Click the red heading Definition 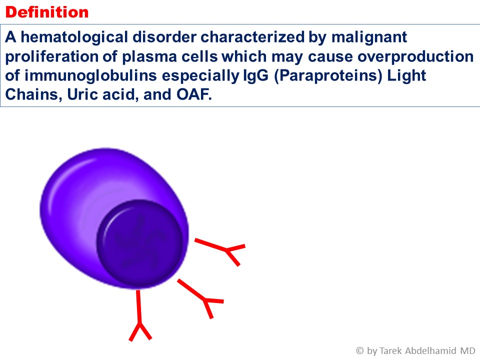click(47, 12)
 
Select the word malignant click(369, 37)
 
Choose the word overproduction click(415, 56)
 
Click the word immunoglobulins click(90, 75)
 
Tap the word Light click(406, 75)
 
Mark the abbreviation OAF click(194, 94)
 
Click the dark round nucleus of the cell click(140, 242)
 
